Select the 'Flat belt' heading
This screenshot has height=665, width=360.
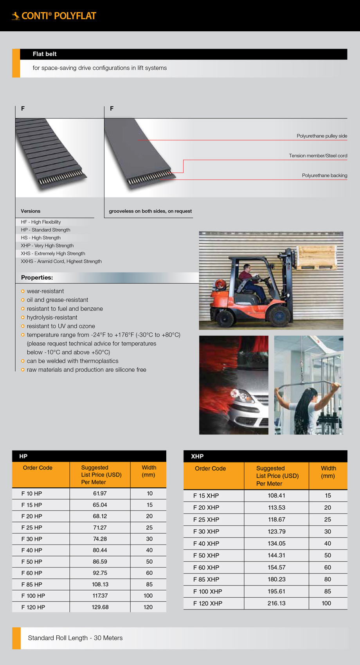[45, 54]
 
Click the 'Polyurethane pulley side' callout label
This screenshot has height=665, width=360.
[322, 136]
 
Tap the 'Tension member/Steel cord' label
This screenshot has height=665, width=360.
[318, 156]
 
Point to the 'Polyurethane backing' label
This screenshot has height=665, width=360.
[324, 176]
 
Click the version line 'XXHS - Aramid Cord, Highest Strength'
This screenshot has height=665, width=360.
[61, 261]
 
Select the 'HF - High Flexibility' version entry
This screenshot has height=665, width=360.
[41, 222]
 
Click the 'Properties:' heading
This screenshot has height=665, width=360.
[37, 278]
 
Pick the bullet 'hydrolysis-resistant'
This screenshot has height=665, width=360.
[52, 317]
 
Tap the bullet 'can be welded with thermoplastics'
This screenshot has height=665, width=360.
[72, 361]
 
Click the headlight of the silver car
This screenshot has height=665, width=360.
[239, 395]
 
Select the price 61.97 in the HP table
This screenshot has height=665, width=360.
[100, 494]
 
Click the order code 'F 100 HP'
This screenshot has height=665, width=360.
[33, 596]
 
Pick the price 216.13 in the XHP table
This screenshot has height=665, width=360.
[276, 603]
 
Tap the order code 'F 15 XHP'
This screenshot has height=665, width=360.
[206, 496]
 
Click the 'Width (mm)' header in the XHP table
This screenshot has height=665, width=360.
[328, 472]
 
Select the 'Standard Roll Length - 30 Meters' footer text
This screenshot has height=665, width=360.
[75, 638]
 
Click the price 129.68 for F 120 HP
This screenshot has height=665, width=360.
[100, 607]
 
